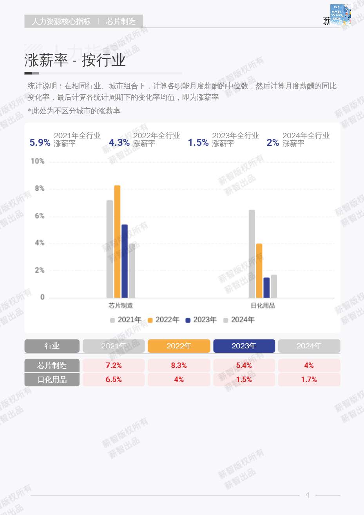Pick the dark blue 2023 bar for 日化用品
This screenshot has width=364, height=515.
(266, 288)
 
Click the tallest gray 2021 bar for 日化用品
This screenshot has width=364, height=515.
(252, 254)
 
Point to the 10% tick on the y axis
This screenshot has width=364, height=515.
(38, 161)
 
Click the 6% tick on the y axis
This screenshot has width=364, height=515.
(39, 216)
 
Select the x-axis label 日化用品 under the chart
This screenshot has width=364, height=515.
(263, 305)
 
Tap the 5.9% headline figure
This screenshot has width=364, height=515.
(40, 143)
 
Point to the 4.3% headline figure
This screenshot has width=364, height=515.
(119, 143)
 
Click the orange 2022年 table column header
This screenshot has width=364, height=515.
(179, 346)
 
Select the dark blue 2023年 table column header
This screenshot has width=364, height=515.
(244, 346)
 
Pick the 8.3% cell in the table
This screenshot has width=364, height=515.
(179, 365)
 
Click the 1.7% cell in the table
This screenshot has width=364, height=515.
(309, 379)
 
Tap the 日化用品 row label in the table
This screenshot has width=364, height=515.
(52, 379)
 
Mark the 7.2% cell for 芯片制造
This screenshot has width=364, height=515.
(114, 365)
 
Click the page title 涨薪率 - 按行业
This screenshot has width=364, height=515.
(75, 60)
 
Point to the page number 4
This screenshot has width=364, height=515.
(307, 495)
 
